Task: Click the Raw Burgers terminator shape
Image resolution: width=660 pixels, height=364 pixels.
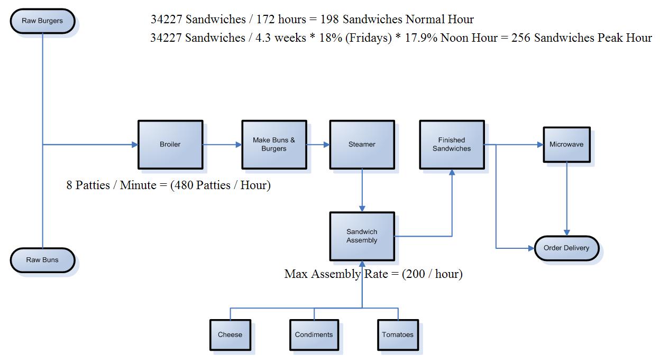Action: [42, 21]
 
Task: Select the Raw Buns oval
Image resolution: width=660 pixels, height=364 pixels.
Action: [42, 260]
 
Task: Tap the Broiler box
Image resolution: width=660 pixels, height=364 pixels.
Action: [170, 144]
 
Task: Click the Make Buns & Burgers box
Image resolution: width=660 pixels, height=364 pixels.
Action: [274, 144]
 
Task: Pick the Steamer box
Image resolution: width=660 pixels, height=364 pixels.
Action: [362, 144]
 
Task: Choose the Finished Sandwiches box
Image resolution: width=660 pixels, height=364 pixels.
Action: [452, 144]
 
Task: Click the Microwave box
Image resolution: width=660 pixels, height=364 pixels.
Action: [566, 144]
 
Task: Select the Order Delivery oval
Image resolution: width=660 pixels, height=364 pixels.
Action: [566, 248]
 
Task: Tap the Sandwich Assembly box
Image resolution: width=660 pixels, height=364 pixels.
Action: [362, 236]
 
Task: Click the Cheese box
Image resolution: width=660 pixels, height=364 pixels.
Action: [230, 334]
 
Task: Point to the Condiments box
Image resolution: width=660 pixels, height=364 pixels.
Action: [314, 334]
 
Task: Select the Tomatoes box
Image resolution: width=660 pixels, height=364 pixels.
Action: [398, 334]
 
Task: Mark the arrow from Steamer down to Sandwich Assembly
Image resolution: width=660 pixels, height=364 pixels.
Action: [362, 190]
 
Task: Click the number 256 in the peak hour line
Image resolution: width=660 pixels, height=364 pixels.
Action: [521, 39]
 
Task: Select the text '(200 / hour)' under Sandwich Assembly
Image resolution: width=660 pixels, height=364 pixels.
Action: [433, 274]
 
